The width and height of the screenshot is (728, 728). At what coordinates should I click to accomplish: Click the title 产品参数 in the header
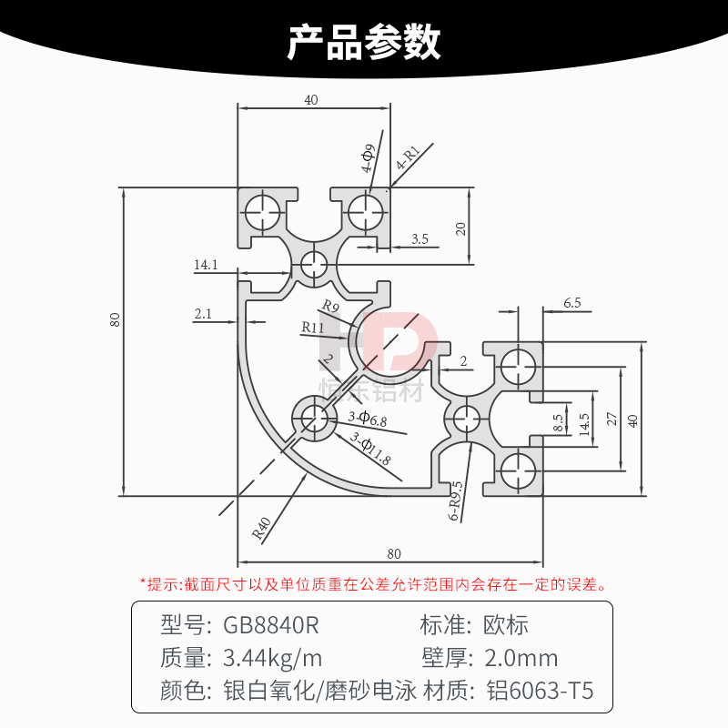(x=364, y=42)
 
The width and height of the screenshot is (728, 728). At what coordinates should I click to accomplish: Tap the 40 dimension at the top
(x=311, y=101)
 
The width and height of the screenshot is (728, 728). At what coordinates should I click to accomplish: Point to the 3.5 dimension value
(x=420, y=238)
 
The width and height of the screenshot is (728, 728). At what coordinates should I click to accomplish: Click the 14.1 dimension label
(x=206, y=265)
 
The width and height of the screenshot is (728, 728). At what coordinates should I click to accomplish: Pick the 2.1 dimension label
(x=203, y=314)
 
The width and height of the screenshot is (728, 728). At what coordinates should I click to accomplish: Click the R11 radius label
(x=313, y=327)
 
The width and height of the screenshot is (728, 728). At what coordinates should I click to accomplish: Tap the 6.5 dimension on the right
(x=571, y=302)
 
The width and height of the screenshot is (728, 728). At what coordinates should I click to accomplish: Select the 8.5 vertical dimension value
(x=559, y=422)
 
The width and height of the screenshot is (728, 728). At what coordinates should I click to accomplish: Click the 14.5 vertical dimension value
(x=585, y=422)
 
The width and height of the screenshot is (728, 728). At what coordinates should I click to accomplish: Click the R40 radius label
(x=262, y=529)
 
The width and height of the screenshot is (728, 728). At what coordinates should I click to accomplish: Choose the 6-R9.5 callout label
(x=456, y=501)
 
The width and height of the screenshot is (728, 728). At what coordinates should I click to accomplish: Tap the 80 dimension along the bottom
(x=393, y=553)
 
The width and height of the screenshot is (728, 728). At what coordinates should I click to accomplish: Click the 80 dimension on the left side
(x=115, y=319)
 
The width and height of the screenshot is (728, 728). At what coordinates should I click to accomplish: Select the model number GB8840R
(x=271, y=625)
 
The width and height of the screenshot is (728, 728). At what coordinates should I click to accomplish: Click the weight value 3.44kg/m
(x=272, y=658)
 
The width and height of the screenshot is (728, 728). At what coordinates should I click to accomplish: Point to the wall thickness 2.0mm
(x=521, y=658)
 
